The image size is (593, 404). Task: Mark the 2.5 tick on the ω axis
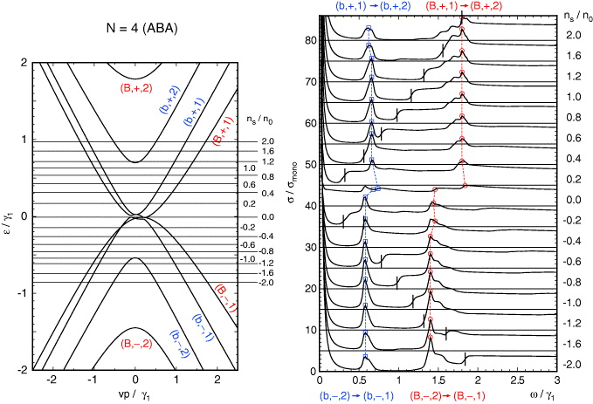pyautogui.click(x=518, y=380)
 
